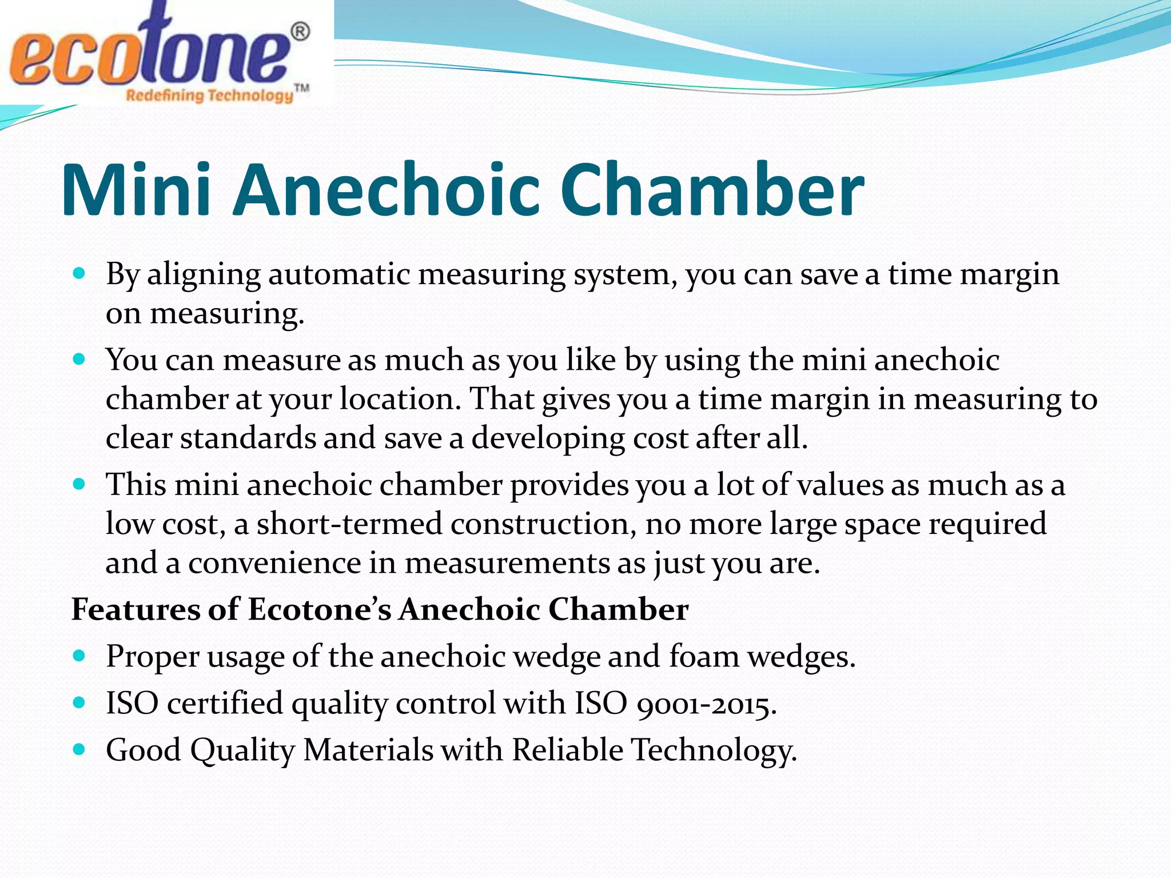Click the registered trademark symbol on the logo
click(x=301, y=32)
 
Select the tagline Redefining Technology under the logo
click(x=209, y=95)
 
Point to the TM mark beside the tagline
click(x=301, y=88)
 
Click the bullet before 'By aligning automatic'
click(x=79, y=273)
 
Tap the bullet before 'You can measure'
click(x=79, y=359)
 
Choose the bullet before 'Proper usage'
click(x=79, y=655)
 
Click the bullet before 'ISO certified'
click(x=79, y=702)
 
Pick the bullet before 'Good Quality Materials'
click(x=79, y=749)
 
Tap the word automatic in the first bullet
click(x=339, y=274)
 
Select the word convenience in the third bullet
click(x=274, y=564)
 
